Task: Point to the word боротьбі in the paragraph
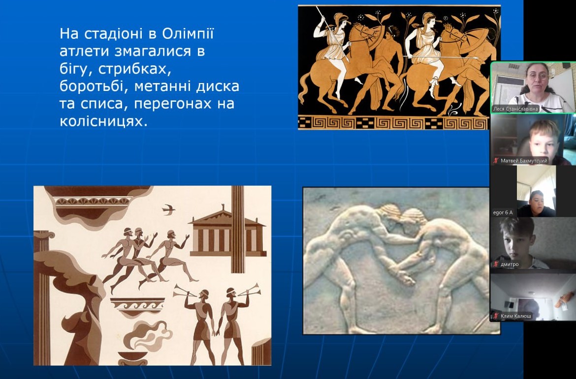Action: click(x=94, y=87)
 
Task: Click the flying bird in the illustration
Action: click(x=168, y=209)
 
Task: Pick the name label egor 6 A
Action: click(x=503, y=212)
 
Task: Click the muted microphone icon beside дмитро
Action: click(x=496, y=264)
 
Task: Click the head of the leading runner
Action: click(x=170, y=234)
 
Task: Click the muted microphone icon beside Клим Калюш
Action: click(x=496, y=316)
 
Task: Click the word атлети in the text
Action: click(x=85, y=51)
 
